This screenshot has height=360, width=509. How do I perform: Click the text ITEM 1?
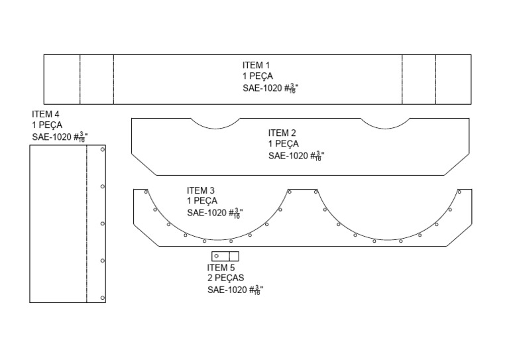256,65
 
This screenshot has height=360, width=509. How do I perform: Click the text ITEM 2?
282,133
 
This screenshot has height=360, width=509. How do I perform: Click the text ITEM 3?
201,190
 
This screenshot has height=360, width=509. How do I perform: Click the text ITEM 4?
46,114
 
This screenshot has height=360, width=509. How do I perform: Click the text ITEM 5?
221,268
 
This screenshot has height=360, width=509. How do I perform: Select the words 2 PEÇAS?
225,278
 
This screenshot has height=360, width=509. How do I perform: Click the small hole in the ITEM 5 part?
217,256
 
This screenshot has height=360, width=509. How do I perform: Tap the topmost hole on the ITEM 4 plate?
102,150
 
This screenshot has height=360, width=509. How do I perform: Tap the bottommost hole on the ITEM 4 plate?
102,298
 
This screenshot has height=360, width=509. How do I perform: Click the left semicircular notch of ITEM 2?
214,123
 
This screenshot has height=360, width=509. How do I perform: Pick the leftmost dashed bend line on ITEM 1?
80,79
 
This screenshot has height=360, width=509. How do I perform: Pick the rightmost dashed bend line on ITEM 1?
435,79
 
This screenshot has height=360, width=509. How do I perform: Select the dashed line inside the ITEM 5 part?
229,256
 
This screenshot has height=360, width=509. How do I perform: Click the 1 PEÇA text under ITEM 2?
284,144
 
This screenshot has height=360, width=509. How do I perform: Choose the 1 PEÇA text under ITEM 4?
47,125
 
